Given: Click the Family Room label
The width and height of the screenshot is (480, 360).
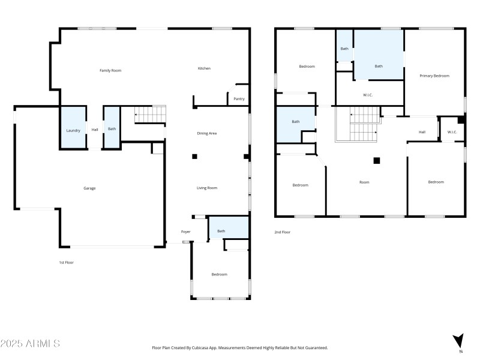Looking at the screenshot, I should coord(110,71).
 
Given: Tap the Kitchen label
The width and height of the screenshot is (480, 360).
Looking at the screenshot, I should coord(204,68).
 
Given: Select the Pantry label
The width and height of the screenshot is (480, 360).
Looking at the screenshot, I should coord(239,99).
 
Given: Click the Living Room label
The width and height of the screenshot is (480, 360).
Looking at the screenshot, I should coord(207,188).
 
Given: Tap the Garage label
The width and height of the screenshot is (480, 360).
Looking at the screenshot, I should coord(89,188).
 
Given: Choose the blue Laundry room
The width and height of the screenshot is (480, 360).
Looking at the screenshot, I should coord(73,128).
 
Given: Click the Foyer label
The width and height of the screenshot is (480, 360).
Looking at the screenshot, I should coord(186,232).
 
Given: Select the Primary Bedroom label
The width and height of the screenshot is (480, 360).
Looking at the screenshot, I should coord(434,76).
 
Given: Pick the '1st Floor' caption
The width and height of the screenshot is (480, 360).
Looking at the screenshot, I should coord(66,262).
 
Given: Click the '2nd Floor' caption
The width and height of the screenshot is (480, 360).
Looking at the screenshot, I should coord(282,232).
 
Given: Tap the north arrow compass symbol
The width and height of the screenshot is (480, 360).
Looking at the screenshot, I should coord(459,340).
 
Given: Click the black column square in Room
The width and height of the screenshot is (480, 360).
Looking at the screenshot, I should coord(377,160).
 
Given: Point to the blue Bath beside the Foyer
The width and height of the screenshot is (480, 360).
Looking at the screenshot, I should coord(228,229).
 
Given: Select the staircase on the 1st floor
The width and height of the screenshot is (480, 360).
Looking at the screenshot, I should coord(150,114).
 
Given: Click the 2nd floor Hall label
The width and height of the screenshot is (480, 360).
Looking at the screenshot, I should coord(422,132).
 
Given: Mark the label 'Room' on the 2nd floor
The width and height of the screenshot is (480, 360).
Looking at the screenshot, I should coord(364,182).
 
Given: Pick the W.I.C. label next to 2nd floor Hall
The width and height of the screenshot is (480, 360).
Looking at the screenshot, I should coord(452,132).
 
